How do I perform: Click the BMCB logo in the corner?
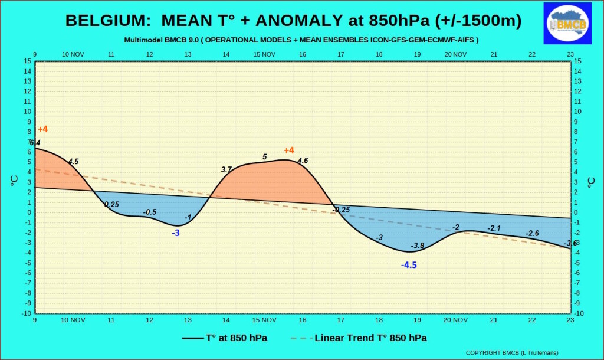(567, 24)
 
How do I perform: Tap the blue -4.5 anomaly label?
(409, 265)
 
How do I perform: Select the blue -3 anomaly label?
(176, 233)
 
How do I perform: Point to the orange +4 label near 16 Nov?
(289, 150)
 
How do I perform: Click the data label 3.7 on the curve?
(226, 169)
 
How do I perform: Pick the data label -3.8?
(418, 246)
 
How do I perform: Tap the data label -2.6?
(533, 233)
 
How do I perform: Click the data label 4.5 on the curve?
(73, 162)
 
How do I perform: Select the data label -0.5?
(150, 212)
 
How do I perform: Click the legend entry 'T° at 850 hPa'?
(225, 338)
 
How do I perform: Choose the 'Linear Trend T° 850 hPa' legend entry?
(359, 338)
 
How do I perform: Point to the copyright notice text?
(512, 353)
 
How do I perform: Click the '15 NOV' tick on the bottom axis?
(264, 320)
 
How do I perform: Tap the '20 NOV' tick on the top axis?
(456, 54)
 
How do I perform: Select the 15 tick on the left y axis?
(27, 61)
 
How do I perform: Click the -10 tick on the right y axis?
(579, 313)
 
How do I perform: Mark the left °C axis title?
(14, 181)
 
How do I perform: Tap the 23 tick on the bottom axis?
(570, 320)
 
